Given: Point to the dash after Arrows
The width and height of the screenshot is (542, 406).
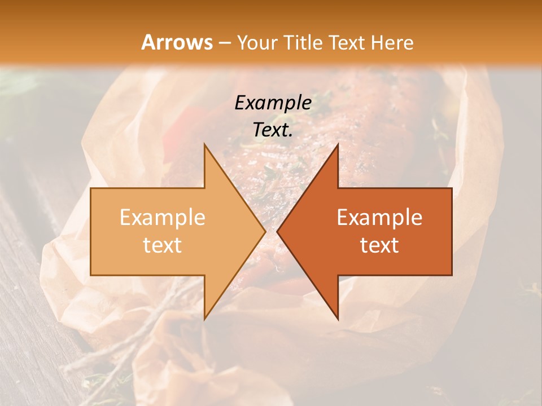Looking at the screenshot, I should (x=225, y=43).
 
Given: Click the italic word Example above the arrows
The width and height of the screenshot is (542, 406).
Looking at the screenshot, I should (x=273, y=103).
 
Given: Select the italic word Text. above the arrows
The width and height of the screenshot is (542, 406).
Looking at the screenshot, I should (x=273, y=130).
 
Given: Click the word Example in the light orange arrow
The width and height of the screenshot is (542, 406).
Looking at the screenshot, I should (x=163, y=218).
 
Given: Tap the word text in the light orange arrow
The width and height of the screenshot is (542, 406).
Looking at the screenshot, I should (x=163, y=245).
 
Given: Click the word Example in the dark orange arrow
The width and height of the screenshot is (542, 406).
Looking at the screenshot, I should (x=379, y=218).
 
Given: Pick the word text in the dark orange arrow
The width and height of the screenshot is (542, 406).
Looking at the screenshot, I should (x=379, y=245).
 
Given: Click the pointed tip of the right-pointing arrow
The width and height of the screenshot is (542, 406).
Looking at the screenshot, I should (x=265, y=232).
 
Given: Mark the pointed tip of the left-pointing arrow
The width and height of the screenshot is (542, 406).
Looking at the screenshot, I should (x=277, y=232).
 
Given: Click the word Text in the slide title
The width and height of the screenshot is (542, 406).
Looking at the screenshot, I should (x=345, y=42).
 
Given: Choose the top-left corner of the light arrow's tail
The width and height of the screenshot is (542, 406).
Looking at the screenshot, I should (x=91, y=188).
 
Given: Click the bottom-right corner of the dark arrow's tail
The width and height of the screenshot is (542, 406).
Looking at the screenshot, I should (x=452, y=275).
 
